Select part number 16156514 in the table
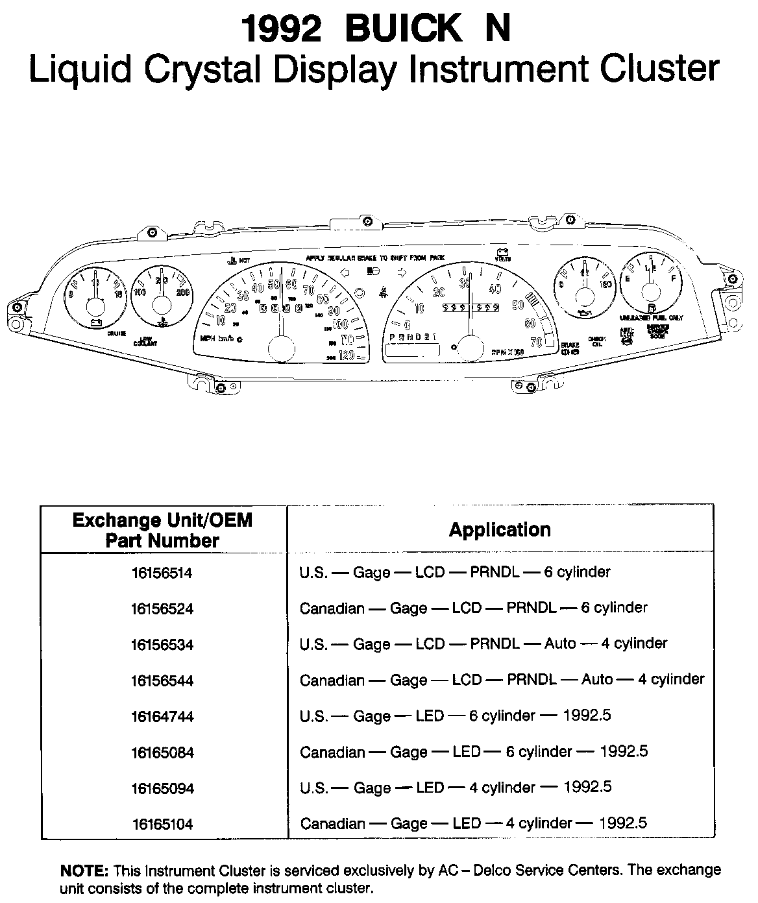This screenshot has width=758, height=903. [x=162, y=573]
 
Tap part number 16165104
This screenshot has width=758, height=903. [x=162, y=825]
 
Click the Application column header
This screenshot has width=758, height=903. [x=500, y=530]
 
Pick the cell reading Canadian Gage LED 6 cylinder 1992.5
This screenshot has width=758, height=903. [x=474, y=752]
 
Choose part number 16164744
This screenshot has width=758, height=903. [x=162, y=717]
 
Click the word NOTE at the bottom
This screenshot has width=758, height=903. [x=84, y=870]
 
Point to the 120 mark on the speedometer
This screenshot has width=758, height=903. [x=347, y=354]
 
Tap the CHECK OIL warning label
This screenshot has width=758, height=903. [x=596, y=341]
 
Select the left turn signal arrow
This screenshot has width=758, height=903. [x=345, y=272]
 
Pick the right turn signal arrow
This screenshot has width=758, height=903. [x=402, y=272]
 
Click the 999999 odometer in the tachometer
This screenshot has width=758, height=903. [x=470, y=307]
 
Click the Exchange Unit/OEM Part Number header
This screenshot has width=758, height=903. [x=162, y=530]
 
